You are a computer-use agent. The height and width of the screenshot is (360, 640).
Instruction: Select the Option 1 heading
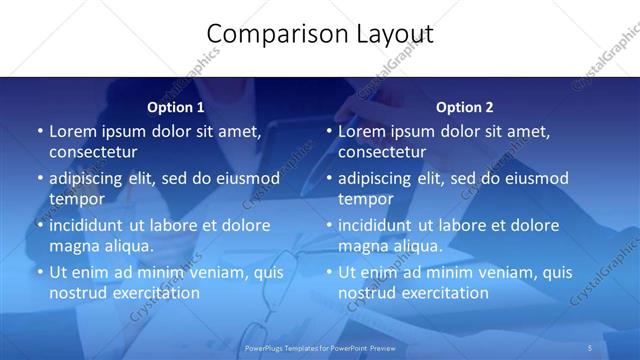[x=176, y=107]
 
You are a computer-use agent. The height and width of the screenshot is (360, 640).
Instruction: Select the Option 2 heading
[x=465, y=107]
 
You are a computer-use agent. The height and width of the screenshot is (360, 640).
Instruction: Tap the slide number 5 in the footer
[x=591, y=347]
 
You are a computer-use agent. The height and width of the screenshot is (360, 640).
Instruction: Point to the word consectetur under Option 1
[x=93, y=152]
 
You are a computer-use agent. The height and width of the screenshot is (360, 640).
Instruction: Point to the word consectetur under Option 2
[x=382, y=152]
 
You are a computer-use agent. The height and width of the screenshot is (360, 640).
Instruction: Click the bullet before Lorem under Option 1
[x=39, y=132]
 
